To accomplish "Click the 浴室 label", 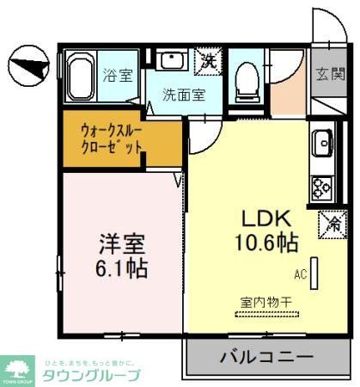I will [119, 75].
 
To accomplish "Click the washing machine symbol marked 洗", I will [208, 59].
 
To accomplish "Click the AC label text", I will [301, 275].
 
